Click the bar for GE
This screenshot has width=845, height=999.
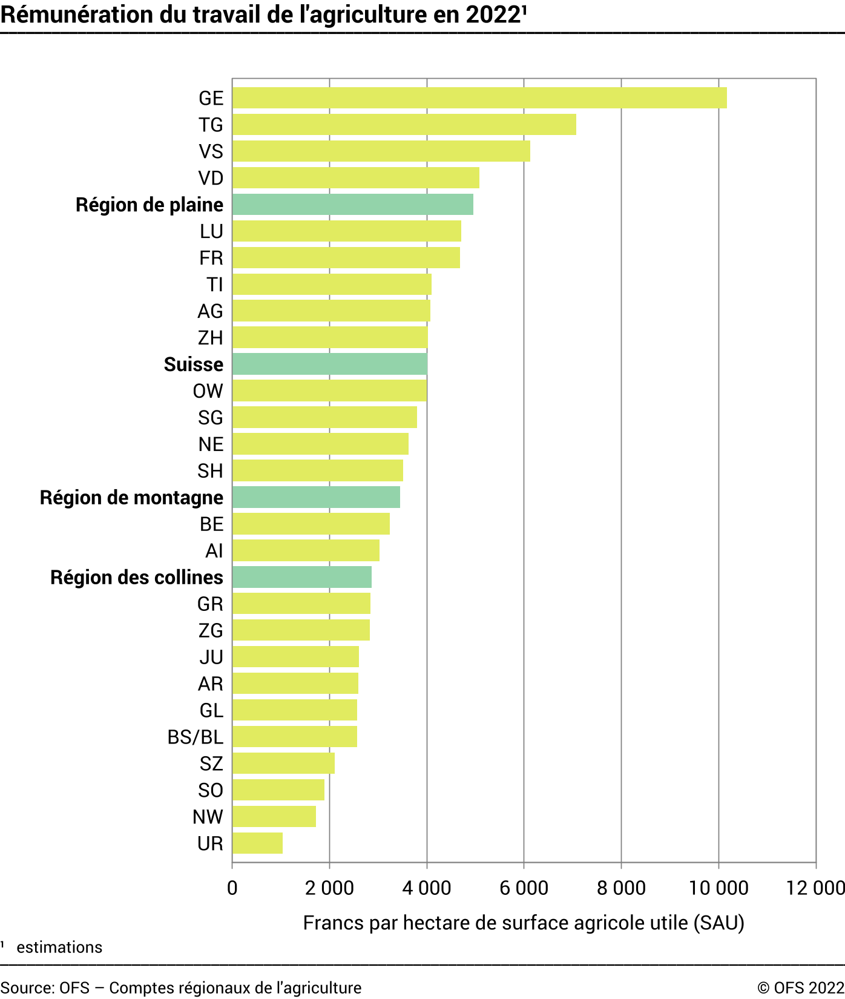pos(479,98)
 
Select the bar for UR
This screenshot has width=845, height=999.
pos(257,843)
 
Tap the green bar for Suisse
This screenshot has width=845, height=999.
pos(329,364)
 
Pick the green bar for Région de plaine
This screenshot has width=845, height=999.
pos(352,205)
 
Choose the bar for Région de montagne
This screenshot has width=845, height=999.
pos(316,498)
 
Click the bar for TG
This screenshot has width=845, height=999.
pos(404,125)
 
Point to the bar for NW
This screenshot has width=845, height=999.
pos(274,817)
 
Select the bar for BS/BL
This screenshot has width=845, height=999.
pos(294,737)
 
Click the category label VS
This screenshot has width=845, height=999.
pos(211,151)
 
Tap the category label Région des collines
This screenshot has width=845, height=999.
pos(137,578)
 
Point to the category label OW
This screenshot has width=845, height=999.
pos(208,391)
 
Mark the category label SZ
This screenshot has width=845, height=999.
pos(211,763)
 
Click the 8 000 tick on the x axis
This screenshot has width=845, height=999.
pos(621,888)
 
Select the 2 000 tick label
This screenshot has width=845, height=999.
pos(329,888)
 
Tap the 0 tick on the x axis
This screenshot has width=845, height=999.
pos(232,888)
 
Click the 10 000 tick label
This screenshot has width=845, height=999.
pos(718,888)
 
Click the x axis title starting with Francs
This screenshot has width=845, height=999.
pos(524,923)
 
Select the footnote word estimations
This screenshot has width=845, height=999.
pos(59,948)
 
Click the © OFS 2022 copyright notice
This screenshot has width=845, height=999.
pos(800,987)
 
